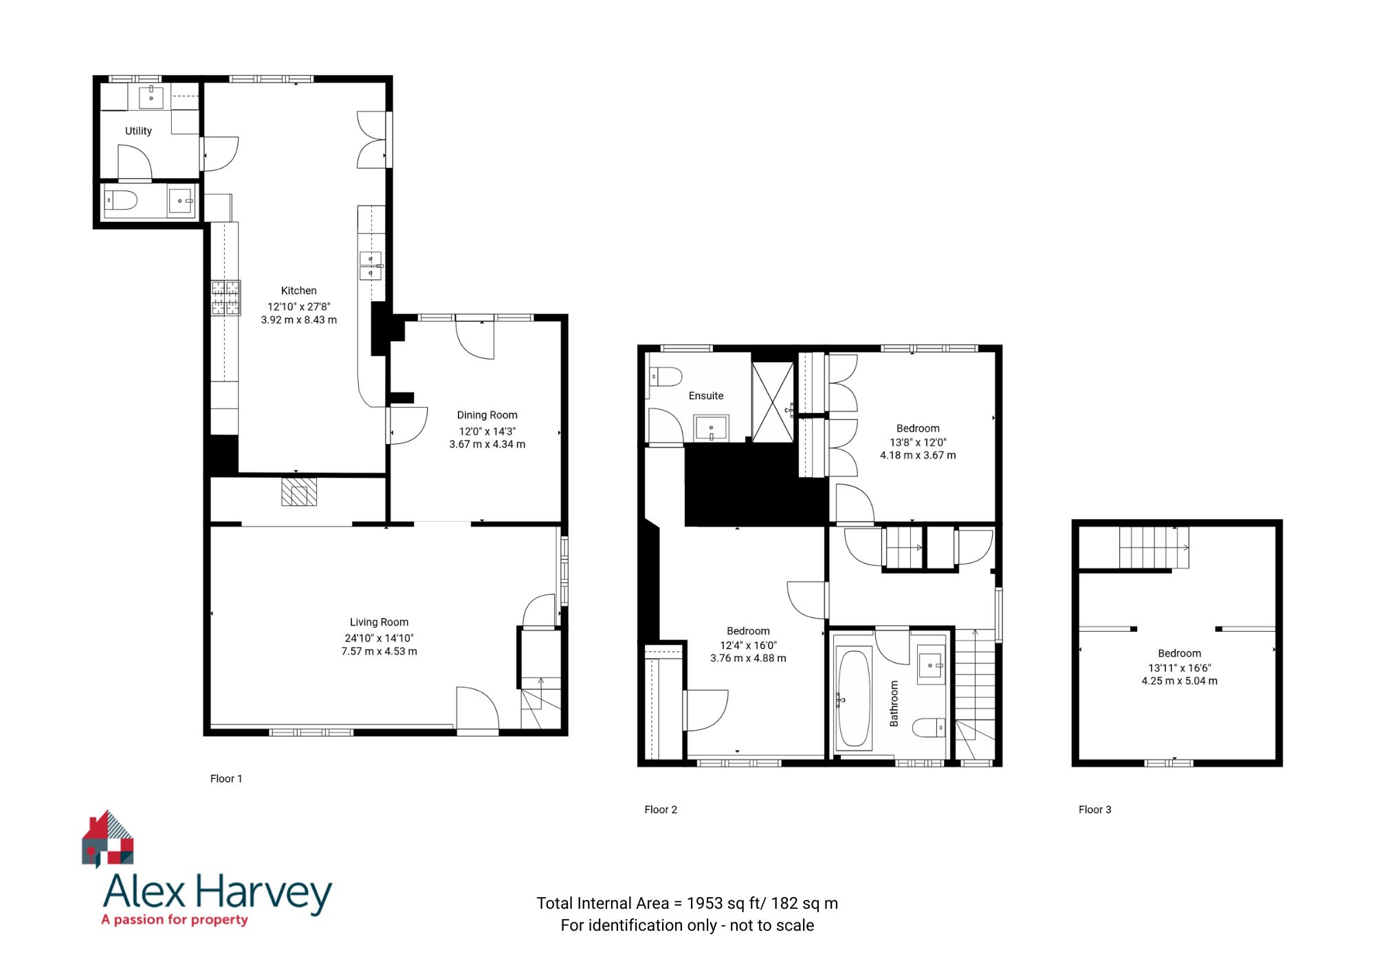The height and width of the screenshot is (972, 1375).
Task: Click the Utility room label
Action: [138, 131]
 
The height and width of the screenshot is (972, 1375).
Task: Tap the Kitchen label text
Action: [298, 291]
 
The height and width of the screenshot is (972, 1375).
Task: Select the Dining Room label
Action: [487, 415]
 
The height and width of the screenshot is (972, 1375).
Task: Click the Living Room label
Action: [379, 622]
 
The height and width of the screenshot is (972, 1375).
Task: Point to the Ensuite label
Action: [706, 396]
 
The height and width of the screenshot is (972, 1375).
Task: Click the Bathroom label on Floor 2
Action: [894, 703]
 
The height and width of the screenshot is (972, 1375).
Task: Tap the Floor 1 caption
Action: [226, 779]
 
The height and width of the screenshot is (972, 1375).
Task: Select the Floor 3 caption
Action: [1094, 810]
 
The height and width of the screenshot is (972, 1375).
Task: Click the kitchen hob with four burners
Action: [225, 298]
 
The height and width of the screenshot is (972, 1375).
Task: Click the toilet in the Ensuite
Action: [665, 377]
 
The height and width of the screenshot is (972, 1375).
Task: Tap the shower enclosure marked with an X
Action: [773, 403]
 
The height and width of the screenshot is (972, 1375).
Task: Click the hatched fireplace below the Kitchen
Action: [299, 492]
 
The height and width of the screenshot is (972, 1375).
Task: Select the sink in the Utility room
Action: [151, 97]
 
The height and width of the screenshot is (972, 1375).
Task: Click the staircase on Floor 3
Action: [1154, 547]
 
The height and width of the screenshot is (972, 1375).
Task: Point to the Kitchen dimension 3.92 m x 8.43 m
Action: [298, 320]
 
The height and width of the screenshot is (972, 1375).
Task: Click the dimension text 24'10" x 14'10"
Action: [379, 638]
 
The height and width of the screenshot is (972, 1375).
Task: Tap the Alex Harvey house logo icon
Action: [108, 839]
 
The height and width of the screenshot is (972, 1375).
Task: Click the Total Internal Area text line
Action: [687, 903]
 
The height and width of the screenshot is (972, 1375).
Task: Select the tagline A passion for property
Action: [175, 920]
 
